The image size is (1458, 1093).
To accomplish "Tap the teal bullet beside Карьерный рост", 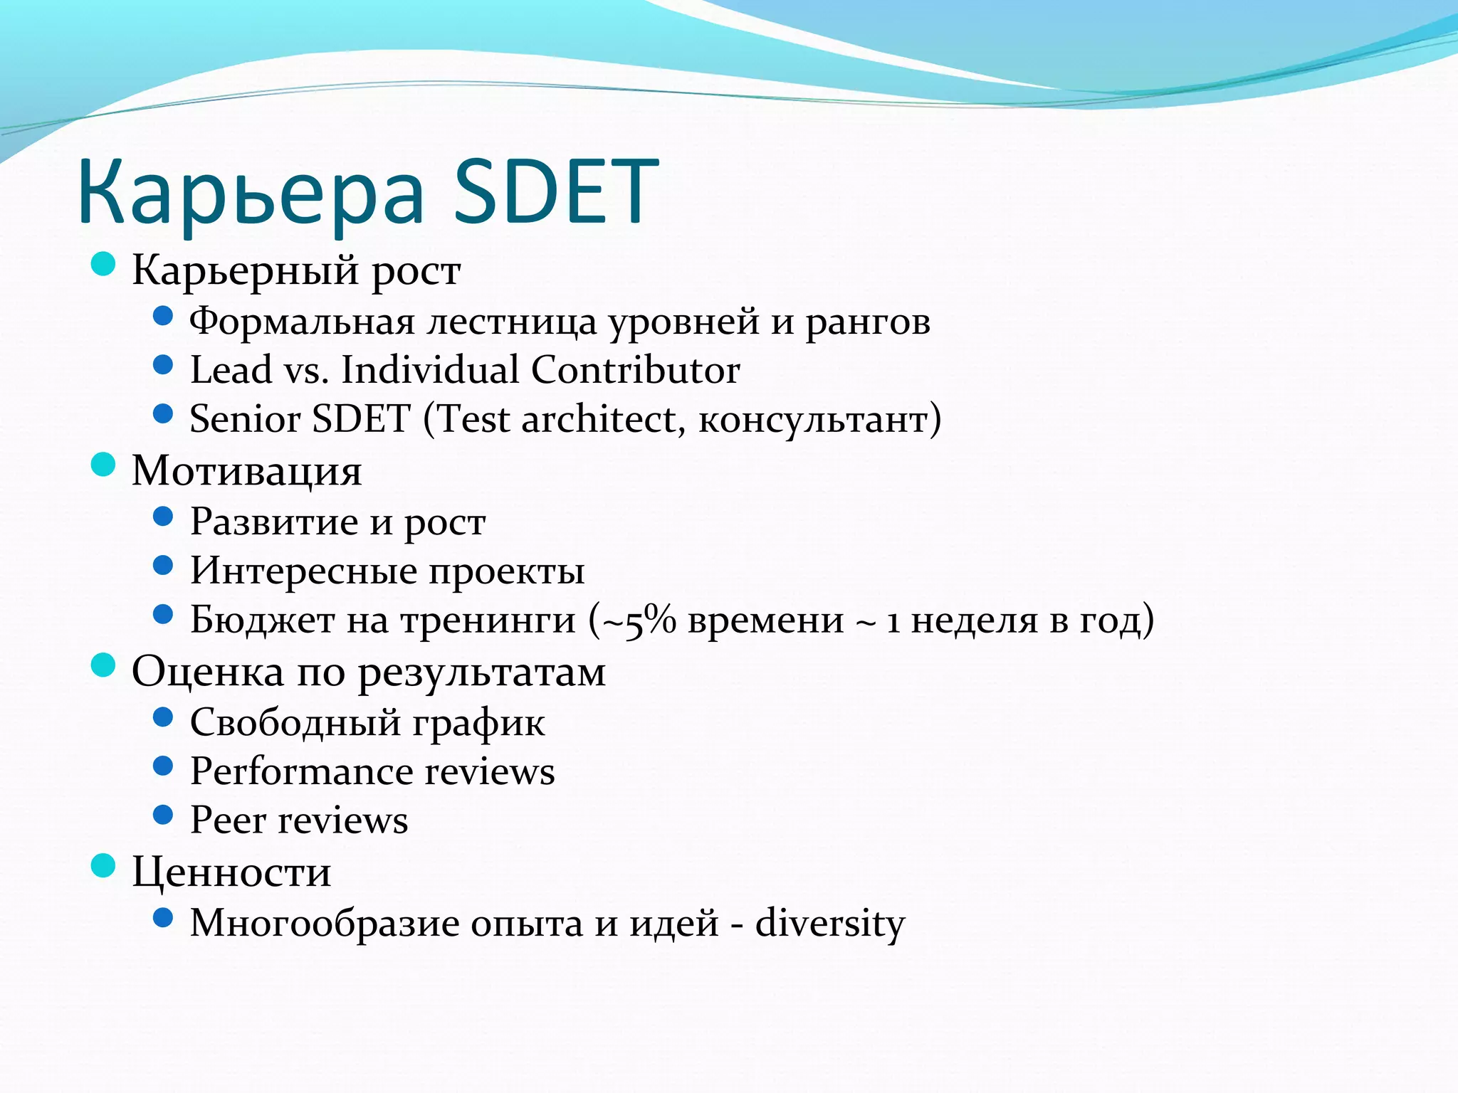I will click(104, 265).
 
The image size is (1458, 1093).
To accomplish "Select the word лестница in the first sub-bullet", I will click(511, 322).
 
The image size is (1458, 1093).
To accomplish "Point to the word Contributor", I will click(635, 370).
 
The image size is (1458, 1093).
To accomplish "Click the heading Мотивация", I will click(247, 471).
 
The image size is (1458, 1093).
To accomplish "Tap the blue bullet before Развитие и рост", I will click(163, 517).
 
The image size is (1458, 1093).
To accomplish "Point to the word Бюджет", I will click(262, 621).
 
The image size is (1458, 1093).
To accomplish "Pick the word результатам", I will click(481, 673).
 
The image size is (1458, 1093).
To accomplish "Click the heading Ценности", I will click(231, 872).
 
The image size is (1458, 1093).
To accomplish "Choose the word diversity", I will click(829, 924).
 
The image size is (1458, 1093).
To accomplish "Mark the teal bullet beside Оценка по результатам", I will click(104, 666).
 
